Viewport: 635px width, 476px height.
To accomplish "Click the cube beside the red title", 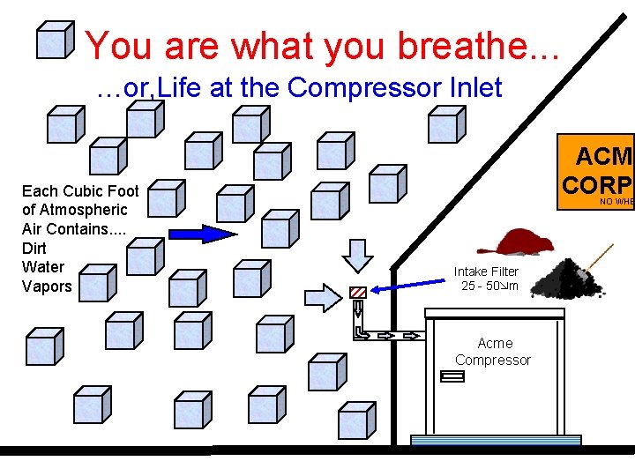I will click(x=56, y=41).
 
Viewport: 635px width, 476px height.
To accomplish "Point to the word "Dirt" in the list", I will click(x=34, y=248).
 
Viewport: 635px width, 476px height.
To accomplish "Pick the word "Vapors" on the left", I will click(x=47, y=286).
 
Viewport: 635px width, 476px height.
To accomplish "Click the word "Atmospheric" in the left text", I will click(x=74, y=210).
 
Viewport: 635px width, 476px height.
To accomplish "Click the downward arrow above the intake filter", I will click(x=358, y=254).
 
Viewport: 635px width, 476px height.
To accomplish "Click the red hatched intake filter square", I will click(x=358, y=292).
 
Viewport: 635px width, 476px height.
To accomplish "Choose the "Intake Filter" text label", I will click(x=486, y=271).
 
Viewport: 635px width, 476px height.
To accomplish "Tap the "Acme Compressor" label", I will click(x=493, y=351).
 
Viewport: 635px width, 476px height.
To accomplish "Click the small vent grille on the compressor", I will click(x=452, y=377).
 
